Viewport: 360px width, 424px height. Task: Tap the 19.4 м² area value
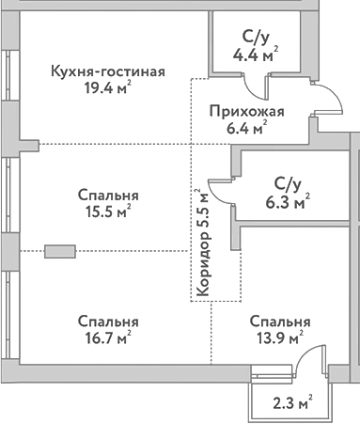[x=105, y=91]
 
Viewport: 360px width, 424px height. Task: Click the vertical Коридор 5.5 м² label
[x=204, y=242]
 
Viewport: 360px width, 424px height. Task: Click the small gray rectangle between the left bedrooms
[x=60, y=251]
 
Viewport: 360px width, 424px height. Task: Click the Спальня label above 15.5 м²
[x=109, y=195]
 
